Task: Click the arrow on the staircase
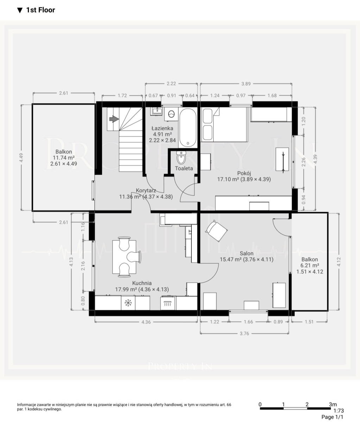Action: [x=114, y=119]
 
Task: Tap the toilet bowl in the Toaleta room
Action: [x=181, y=158]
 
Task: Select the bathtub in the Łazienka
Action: [x=188, y=127]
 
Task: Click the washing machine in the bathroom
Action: [x=171, y=114]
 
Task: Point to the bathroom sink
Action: [x=157, y=111]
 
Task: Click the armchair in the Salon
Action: [x=216, y=231]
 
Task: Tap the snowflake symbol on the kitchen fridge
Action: [x=128, y=303]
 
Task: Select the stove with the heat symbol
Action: [x=168, y=303]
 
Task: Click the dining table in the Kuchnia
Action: [x=124, y=257]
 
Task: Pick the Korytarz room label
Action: [x=146, y=191]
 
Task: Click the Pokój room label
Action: [x=244, y=173]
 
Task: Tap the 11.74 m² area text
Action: [x=64, y=158]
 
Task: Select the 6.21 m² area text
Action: [x=310, y=266]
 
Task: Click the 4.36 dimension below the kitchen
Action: [x=146, y=322]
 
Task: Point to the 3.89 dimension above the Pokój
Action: [x=246, y=84]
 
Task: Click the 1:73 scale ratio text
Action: [x=339, y=410]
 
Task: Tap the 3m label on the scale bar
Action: [x=333, y=404]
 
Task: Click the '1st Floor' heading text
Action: [x=41, y=10]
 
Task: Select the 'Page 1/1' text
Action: [x=333, y=417]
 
